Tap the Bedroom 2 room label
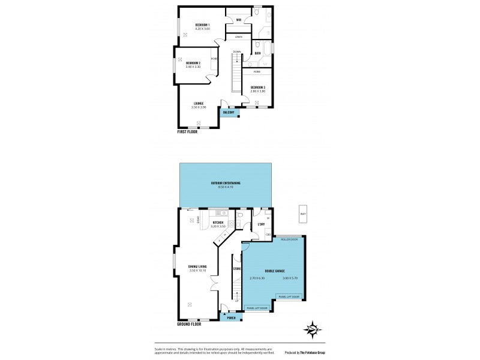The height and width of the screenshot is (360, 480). coord(193,63)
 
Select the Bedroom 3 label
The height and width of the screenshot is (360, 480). coord(258,87)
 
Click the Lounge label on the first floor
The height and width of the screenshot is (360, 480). coord(198,103)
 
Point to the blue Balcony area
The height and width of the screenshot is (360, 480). coord(229,112)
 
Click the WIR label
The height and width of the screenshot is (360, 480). coord(238,20)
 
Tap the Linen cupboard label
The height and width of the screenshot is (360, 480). coord(238,37)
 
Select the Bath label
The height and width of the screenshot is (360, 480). coord(257,53)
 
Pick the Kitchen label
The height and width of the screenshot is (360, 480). coord(218,223)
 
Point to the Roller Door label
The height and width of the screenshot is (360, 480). coord(289,239)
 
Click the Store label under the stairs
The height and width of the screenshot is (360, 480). coord(237,269)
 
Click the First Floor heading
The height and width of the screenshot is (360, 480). coord(187,131)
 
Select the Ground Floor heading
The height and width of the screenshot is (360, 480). coord(190,324)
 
